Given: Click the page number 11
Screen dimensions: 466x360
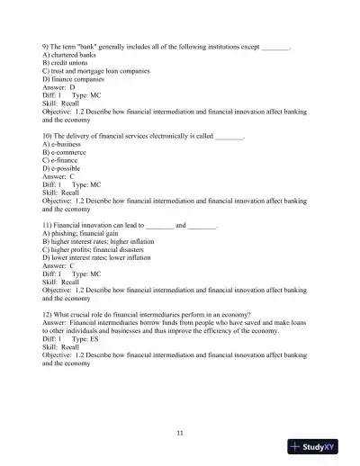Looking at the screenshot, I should [180, 434].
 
